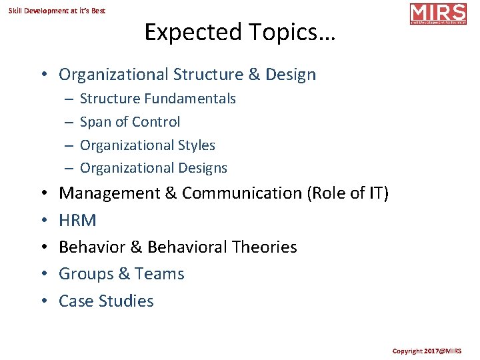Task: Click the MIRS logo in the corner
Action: pos(438,14)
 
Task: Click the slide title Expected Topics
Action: pos(239,32)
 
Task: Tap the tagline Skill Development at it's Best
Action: pos(57,11)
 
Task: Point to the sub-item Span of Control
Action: pos(129,122)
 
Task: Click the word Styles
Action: pos(194,145)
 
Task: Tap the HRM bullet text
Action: pos(77,220)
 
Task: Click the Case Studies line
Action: pos(106,301)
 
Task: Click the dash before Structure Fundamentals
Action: pos(69,99)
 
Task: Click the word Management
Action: pos(109,193)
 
